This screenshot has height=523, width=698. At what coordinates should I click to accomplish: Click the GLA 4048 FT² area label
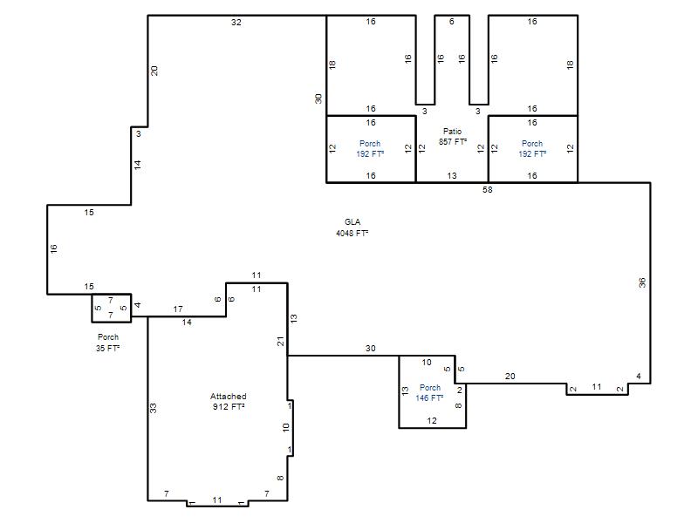coord(352,228)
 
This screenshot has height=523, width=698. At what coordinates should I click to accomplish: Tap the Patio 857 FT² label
coord(453,137)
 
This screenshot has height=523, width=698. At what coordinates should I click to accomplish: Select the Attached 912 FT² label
coord(229,401)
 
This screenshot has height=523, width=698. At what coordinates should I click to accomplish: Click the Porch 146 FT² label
coord(429,393)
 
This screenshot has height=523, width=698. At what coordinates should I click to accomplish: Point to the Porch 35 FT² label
coord(108,343)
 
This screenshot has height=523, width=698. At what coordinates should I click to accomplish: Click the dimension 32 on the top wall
coord(236,23)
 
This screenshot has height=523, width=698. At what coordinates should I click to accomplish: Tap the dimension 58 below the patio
coord(488,190)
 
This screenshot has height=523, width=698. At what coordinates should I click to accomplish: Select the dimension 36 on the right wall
coord(642,282)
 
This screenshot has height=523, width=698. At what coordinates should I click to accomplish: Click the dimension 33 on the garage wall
coord(154,408)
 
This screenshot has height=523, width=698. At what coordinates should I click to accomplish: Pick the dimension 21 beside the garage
coord(280,342)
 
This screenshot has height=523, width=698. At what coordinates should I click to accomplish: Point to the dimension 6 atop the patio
coord(452,21)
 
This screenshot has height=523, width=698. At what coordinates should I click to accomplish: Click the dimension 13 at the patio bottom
coord(452,176)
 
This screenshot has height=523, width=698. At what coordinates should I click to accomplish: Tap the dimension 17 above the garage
coord(178,309)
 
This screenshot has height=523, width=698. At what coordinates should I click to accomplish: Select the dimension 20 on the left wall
coord(154,71)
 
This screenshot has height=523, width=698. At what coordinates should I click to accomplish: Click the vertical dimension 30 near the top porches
coord(318,98)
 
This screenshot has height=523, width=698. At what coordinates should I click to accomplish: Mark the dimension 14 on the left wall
coord(138,165)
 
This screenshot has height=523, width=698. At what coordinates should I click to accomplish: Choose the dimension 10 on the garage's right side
coord(286,427)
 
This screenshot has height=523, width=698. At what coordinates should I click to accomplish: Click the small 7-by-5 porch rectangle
coord(112,308)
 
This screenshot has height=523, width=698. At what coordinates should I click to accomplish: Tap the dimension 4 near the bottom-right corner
coord(639,377)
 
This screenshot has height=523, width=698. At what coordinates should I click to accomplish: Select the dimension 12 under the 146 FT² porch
coord(432,421)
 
